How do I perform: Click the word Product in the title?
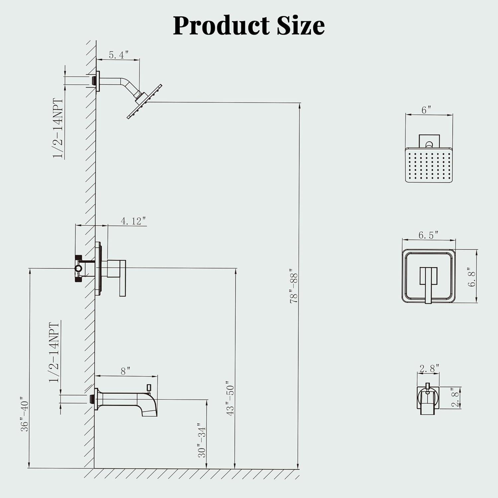point(221,26)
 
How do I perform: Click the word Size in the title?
point(301,26)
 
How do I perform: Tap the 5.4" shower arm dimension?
point(119,55)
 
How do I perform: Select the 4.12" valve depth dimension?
point(133,221)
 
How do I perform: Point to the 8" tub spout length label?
point(125,371)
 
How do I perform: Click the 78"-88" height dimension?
point(294,286)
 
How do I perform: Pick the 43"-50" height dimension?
point(230,400)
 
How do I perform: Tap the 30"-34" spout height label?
point(202,440)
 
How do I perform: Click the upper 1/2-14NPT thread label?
point(58,128)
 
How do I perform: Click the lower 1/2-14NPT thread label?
point(54,352)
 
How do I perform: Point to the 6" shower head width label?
point(426,110)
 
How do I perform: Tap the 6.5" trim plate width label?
point(428,235)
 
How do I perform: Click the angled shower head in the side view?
point(145,102)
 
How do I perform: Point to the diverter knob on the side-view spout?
point(149,387)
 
